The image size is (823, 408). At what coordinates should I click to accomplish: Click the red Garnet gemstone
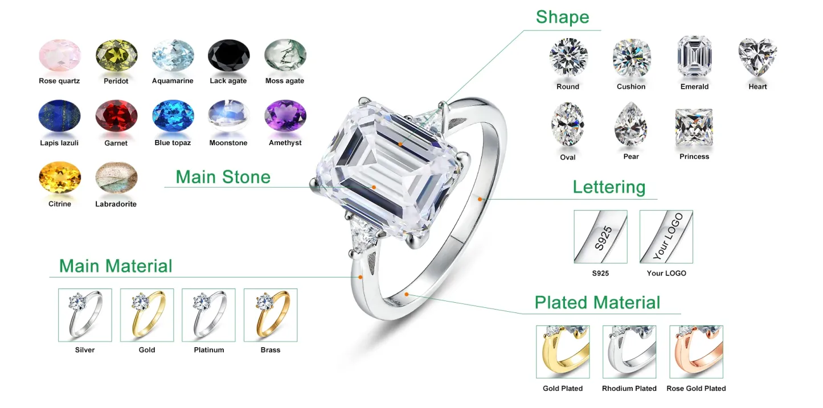[x=116, y=116]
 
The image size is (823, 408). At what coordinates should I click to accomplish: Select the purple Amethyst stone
[x=285, y=116]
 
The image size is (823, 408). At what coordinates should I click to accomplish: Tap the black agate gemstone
[x=228, y=55]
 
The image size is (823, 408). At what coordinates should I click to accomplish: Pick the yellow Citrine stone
[x=60, y=178]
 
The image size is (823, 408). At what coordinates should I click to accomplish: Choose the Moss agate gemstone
[x=285, y=55]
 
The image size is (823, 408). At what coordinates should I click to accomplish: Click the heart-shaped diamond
[x=758, y=57]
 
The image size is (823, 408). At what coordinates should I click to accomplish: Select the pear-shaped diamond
[x=631, y=124]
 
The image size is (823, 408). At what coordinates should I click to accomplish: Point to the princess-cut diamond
[x=694, y=127]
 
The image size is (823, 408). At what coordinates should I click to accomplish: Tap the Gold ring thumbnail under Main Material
[x=147, y=315]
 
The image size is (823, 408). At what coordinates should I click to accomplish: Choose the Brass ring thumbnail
[x=271, y=315]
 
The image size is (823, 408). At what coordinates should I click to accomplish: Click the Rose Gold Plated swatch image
[x=696, y=352]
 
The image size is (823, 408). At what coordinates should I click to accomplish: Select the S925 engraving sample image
[x=600, y=237]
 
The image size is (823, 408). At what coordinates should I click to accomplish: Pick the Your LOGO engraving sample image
[x=666, y=237]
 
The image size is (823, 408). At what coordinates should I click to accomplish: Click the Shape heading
[x=563, y=17]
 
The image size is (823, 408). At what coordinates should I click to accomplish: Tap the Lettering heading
[x=609, y=187]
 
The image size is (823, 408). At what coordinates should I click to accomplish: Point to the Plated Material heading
[x=597, y=303]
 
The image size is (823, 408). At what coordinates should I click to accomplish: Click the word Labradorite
[x=116, y=204]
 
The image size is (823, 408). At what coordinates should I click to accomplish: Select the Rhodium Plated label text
[x=629, y=389]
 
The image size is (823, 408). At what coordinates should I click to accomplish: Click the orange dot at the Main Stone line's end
[x=374, y=187]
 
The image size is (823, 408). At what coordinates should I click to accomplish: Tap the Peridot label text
[x=116, y=81]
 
